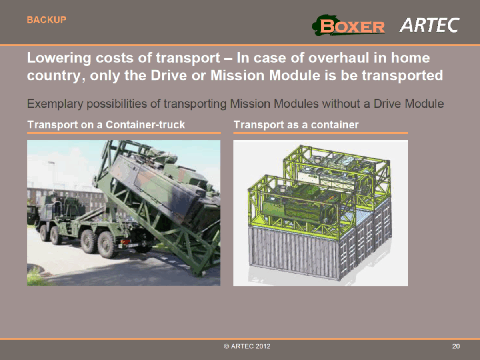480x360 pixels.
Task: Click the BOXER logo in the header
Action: [x=349, y=26]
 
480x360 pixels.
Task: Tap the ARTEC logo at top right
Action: [x=429, y=25]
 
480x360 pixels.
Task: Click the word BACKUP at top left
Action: [x=46, y=20]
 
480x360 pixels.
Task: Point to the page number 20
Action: [x=456, y=346]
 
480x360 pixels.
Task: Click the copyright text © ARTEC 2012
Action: [x=247, y=346]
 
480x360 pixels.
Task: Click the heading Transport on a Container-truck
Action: [x=106, y=125]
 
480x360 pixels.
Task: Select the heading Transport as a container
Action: [x=296, y=125]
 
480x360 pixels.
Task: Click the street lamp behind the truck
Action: [x=52, y=172]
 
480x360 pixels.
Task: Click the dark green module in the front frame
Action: [x=296, y=208]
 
